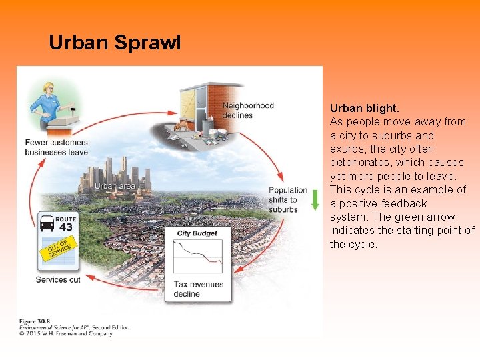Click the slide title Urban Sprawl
pyautogui.click(x=115, y=43)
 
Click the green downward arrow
pyautogui.click(x=315, y=199)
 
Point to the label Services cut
pyautogui.click(x=58, y=279)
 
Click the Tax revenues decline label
pyautogui.click(x=198, y=289)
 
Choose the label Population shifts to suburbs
pyautogui.click(x=287, y=200)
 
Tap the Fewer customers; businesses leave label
pyautogui.click(x=57, y=147)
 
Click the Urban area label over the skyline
pyautogui.click(x=115, y=186)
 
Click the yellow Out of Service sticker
pyautogui.click(x=60, y=249)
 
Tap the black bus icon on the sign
pyautogui.click(x=46, y=222)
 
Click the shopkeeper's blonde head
pyautogui.click(x=49, y=87)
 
